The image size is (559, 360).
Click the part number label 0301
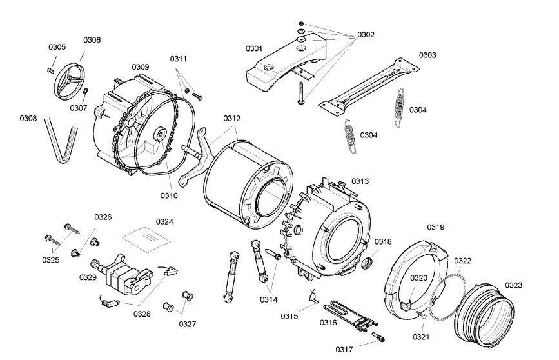pos(253,48)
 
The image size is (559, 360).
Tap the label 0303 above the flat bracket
pos(427,55)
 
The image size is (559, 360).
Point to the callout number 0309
pos(141,67)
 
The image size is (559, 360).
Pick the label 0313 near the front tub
pos(360,181)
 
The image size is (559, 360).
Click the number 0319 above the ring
pos(436,227)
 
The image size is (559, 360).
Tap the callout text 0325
pos(51,260)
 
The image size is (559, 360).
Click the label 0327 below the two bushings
pos(188,323)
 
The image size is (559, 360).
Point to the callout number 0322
pos(462,261)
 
